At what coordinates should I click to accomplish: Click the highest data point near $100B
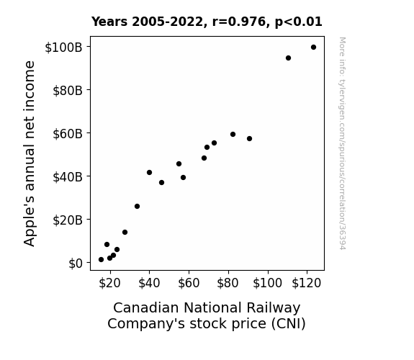(x=313, y=48)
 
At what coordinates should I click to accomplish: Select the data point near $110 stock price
(x=288, y=58)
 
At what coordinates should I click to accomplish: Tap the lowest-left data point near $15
(x=101, y=260)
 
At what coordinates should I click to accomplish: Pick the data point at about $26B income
(x=137, y=207)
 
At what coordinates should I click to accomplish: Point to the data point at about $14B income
(x=125, y=232)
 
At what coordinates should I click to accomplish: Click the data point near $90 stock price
(x=249, y=139)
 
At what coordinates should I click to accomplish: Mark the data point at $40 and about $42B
(x=149, y=173)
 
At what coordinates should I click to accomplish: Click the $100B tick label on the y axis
(x=63, y=48)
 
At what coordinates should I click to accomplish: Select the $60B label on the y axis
(x=68, y=134)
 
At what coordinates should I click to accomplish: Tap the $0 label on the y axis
(x=76, y=264)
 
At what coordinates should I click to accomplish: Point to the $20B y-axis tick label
(x=68, y=220)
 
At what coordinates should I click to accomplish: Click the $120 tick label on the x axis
(x=306, y=284)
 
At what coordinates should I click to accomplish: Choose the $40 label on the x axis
(x=149, y=284)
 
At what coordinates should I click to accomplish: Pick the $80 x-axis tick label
(x=228, y=284)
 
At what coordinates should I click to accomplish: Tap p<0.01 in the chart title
(x=299, y=22)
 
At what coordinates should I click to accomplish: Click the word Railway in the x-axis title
(x=274, y=308)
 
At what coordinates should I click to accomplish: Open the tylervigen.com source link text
(x=342, y=143)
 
